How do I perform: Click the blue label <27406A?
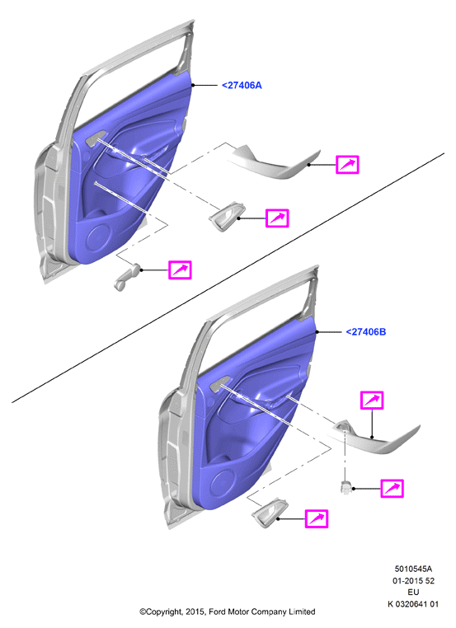[x=242, y=86]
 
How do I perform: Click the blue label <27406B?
[x=366, y=332]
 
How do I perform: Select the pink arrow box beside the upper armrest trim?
[x=347, y=164]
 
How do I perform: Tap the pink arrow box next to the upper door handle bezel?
[x=277, y=218]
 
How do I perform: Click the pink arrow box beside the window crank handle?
[x=180, y=270]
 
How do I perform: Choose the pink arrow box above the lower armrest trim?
[x=372, y=400]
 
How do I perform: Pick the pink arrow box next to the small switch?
[x=392, y=488]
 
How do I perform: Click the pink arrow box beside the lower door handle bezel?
[x=317, y=518]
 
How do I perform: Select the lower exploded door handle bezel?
[x=269, y=513]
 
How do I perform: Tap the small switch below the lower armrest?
[x=345, y=486]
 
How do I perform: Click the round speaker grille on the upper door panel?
[x=98, y=239]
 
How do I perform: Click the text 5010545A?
[x=413, y=569]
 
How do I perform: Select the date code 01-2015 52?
[x=413, y=580]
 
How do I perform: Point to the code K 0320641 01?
[x=413, y=604]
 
